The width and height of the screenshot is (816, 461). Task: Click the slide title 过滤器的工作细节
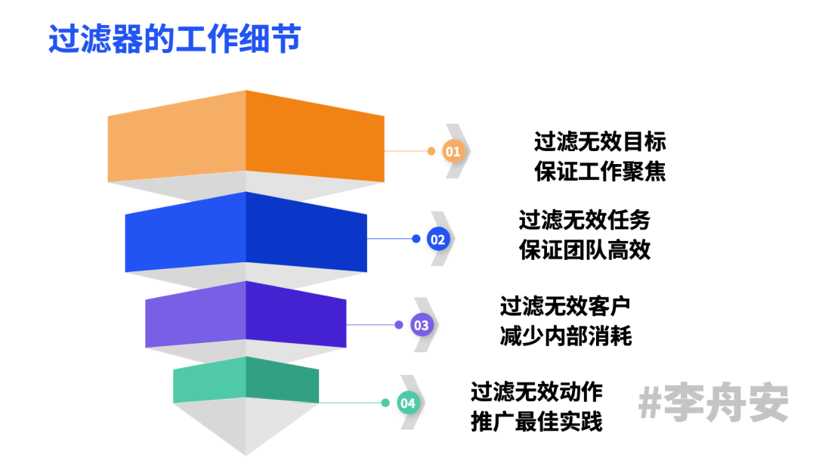click(x=174, y=39)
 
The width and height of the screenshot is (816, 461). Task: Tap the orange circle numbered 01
click(x=453, y=151)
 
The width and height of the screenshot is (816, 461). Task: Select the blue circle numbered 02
click(x=438, y=240)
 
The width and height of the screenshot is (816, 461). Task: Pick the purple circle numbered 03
click(x=421, y=326)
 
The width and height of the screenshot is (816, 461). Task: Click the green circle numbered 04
click(x=408, y=403)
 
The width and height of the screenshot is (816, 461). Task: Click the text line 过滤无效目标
click(x=600, y=142)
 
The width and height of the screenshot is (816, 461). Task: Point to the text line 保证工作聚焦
click(x=600, y=172)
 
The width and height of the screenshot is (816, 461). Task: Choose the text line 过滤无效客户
click(x=564, y=306)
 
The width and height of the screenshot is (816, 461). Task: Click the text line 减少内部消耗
click(x=564, y=336)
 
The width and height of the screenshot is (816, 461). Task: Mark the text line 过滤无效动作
click(x=536, y=392)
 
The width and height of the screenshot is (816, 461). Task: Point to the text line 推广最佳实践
click(x=536, y=422)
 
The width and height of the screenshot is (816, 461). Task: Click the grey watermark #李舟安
click(x=712, y=404)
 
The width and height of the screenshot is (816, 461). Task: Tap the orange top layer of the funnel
click(x=246, y=136)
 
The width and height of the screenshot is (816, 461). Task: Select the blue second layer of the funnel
click(x=246, y=231)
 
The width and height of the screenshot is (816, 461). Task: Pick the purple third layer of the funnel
click(x=246, y=317)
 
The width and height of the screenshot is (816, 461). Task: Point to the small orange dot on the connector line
click(x=431, y=151)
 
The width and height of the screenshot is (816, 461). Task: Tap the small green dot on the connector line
click(x=385, y=403)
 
